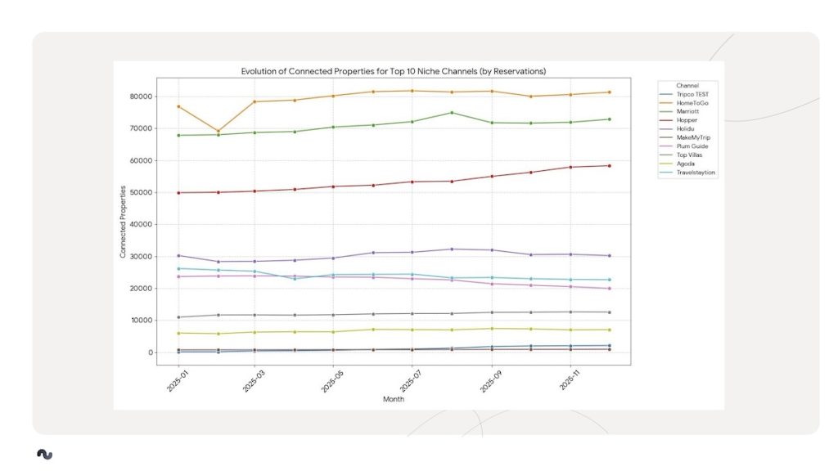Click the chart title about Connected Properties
click(393, 71)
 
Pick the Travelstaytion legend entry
click(695, 173)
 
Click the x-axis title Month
click(393, 399)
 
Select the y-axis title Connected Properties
click(123, 222)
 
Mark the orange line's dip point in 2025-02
click(218, 131)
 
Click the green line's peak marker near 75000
click(452, 113)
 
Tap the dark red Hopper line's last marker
click(609, 166)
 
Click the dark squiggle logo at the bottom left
click(44, 454)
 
